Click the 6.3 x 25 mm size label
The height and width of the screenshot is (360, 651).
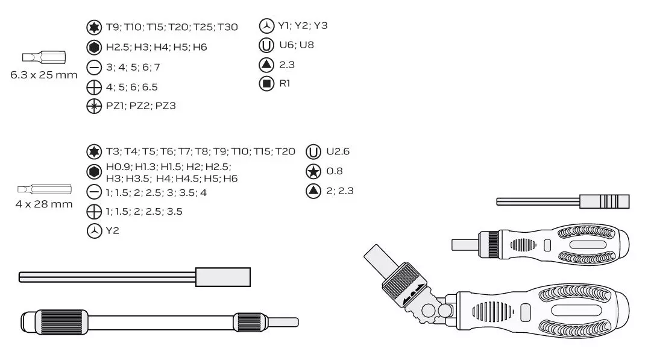[x=44, y=75]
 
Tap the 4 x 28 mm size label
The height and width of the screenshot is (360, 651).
[x=44, y=204]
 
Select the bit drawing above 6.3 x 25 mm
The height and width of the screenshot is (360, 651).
[x=44, y=57]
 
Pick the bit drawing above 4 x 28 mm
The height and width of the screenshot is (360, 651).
[x=45, y=190]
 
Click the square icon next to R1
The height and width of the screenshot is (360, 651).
[x=266, y=84]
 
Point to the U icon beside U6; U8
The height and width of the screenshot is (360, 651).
[x=266, y=45]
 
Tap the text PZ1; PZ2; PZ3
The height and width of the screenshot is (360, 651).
[x=140, y=106]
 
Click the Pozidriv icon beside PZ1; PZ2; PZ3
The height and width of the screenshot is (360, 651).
[x=94, y=106]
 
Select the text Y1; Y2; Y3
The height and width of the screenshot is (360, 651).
[x=303, y=26]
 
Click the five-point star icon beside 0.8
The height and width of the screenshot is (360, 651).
[x=313, y=171]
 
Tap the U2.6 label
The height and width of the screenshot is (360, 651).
[x=338, y=151]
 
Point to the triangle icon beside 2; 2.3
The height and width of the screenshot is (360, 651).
[x=313, y=191]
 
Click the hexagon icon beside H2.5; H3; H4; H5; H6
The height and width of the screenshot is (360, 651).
[x=94, y=47]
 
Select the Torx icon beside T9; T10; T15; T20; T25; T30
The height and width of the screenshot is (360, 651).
[x=94, y=27]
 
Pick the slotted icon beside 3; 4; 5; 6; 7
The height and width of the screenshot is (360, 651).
[x=94, y=68]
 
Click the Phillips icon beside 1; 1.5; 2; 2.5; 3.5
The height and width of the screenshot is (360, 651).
[x=94, y=212]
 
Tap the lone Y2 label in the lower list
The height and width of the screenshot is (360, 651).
[x=113, y=231]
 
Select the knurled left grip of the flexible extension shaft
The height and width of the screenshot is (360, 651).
[x=64, y=322]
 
